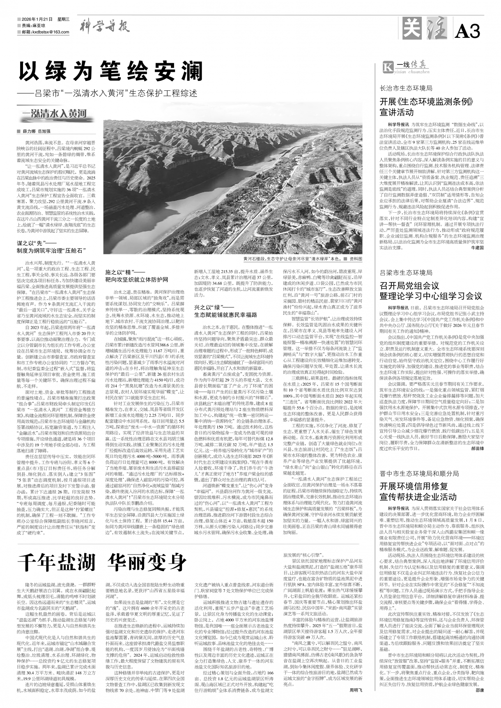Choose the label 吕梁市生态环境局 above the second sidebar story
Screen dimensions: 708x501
406,273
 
